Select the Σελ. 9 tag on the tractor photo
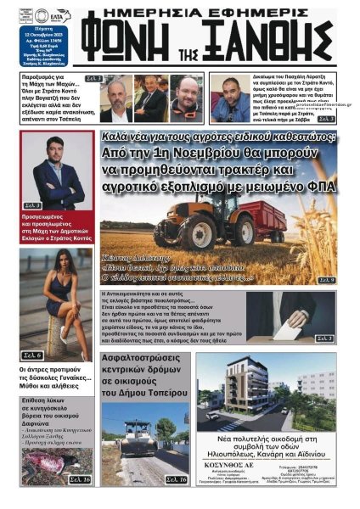click(325, 279)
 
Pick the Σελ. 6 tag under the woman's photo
click(33, 354)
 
